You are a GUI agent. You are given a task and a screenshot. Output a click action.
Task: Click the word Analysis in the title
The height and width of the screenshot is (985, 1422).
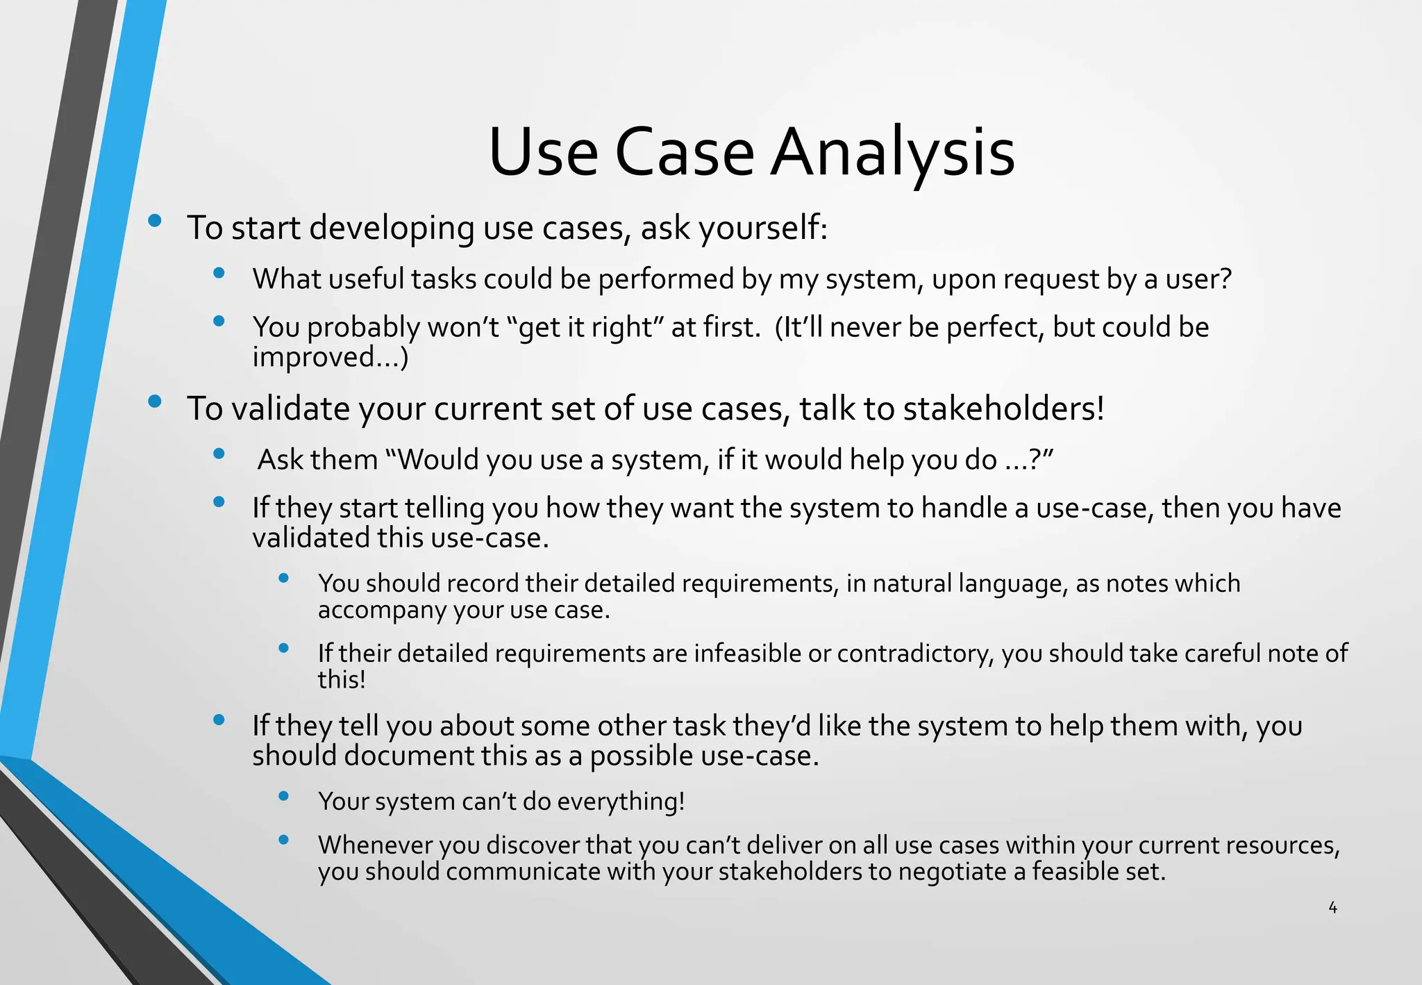(x=893, y=153)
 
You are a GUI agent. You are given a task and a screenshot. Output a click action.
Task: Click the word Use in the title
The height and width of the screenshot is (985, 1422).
(x=543, y=153)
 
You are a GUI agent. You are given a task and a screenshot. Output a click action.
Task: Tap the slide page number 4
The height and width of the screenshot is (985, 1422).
(x=1332, y=907)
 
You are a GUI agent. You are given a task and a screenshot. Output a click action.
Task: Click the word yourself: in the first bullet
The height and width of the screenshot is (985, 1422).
(x=763, y=229)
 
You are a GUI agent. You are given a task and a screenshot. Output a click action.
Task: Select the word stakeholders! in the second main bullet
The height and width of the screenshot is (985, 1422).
(x=1003, y=408)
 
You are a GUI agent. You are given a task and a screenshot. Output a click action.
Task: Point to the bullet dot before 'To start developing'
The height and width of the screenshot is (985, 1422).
(x=155, y=222)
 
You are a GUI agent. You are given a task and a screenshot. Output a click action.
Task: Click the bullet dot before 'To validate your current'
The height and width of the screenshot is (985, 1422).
(x=155, y=402)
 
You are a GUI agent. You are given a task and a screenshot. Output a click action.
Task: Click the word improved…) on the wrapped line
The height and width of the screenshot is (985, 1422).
(x=330, y=358)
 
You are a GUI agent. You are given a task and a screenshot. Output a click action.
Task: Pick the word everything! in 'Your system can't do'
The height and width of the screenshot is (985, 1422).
(x=621, y=802)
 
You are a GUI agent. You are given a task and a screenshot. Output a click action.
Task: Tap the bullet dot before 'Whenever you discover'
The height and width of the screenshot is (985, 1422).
(x=283, y=840)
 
